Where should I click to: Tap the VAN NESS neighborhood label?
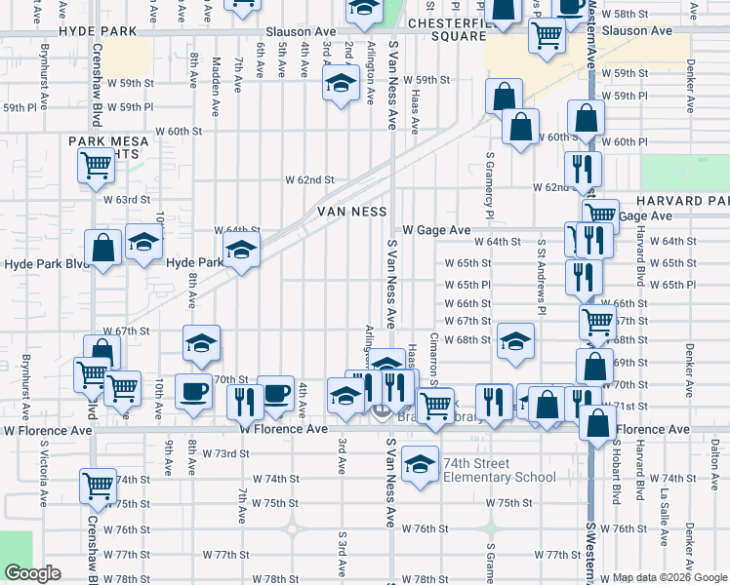click(351, 212)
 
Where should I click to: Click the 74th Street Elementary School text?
click(499, 470)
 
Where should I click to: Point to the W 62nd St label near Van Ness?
click(309, 179)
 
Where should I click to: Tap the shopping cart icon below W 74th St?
click(98, 487)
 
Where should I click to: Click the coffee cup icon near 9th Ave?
click(192, 391)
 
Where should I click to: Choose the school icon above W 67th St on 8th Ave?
click(202, 342)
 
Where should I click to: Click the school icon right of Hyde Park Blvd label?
click(241, 252)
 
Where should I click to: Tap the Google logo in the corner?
click(32, 573)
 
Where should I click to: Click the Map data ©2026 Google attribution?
click(669, 577)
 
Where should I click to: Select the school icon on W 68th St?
click(514, 340)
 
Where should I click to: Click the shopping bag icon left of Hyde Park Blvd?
click(102, 249)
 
